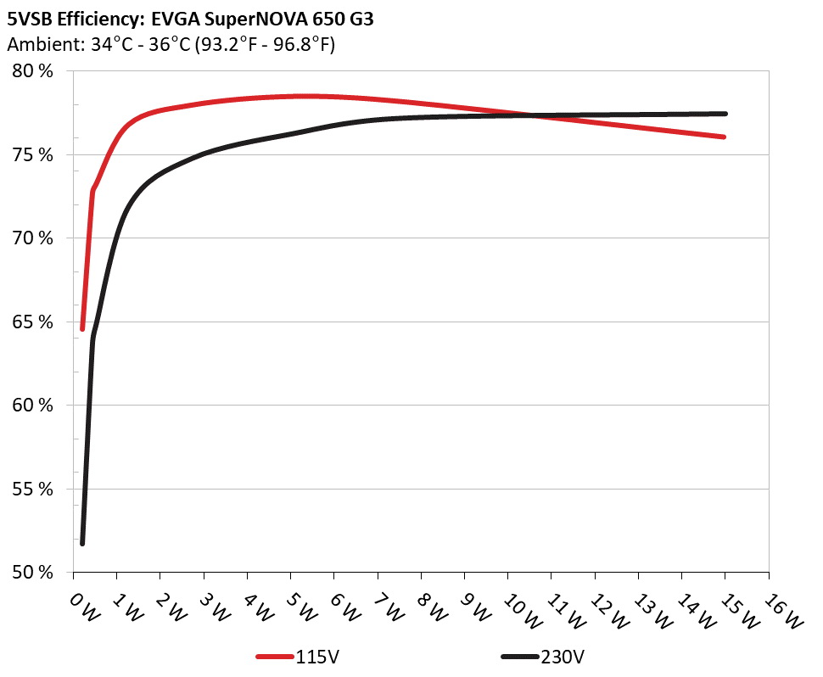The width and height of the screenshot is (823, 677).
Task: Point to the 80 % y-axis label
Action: click(34, 71)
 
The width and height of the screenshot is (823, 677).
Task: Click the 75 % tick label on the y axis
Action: click(34, 155)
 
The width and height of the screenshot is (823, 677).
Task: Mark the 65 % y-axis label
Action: click(34, 322)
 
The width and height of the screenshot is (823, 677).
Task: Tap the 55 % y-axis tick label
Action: click(34, 490)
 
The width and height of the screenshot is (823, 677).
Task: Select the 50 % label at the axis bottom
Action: click(34, 573)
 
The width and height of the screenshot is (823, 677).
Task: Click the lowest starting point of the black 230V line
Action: click(82, 543)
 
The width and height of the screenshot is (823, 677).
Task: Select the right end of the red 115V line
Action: click(724, 137)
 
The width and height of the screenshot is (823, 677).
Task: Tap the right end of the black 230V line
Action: click(725, 114)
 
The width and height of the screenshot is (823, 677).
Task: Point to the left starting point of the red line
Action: click(82, 328)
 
